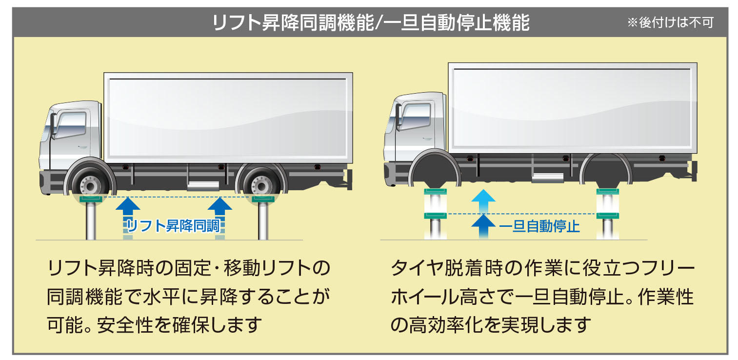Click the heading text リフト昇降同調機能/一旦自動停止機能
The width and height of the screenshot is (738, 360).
pos(371,23)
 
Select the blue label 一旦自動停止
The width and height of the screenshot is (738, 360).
pos(539,226)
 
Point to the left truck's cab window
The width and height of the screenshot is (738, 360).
pos(71,125)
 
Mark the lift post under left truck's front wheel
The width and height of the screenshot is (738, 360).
pos(91,222)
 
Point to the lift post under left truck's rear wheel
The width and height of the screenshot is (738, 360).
pos(262,222)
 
